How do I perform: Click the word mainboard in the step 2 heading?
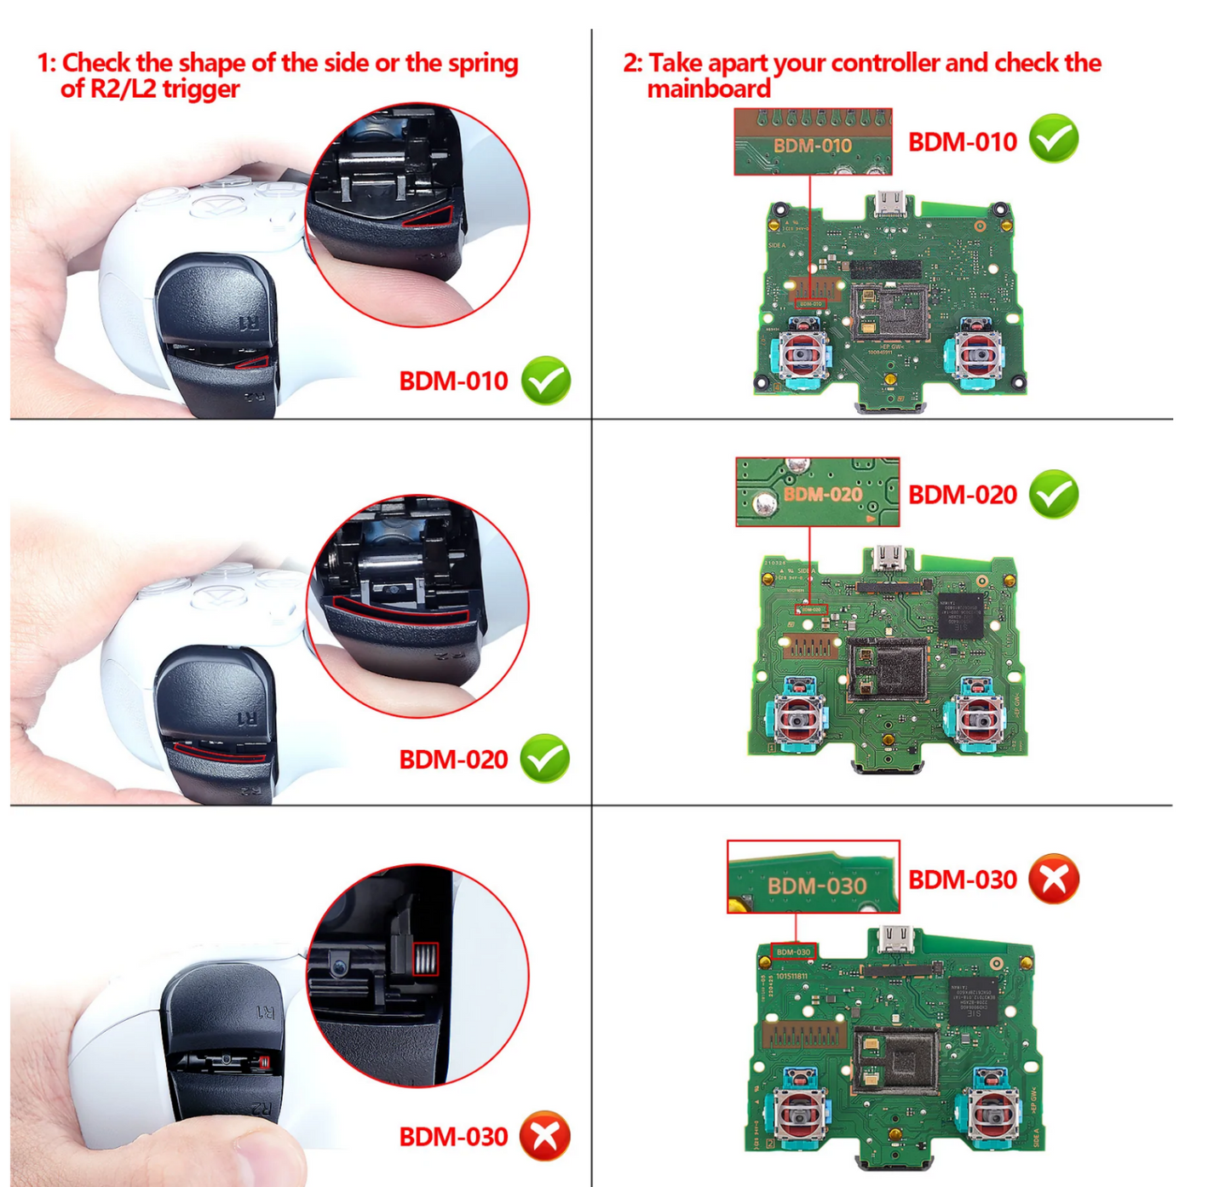coord(709,89)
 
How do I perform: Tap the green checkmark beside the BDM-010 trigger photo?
coord(546,381)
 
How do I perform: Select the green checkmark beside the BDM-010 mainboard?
coord(1054,139)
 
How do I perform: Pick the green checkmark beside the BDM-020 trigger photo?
coord(545,758)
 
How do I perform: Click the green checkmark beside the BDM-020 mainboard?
coord(1054,494)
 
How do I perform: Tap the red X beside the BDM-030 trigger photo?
coord(545,1136)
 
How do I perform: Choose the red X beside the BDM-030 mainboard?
coord(1054,879)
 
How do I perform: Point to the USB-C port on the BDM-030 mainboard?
coord(893,940)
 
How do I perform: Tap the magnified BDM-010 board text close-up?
coord(813,142)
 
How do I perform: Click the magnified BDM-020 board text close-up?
coord(817,492)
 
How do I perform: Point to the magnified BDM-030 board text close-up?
coord(813,877)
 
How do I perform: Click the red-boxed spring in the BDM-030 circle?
coord(425,960)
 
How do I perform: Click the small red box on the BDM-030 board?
coord(793,951)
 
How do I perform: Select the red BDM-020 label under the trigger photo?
coord(453,759)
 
